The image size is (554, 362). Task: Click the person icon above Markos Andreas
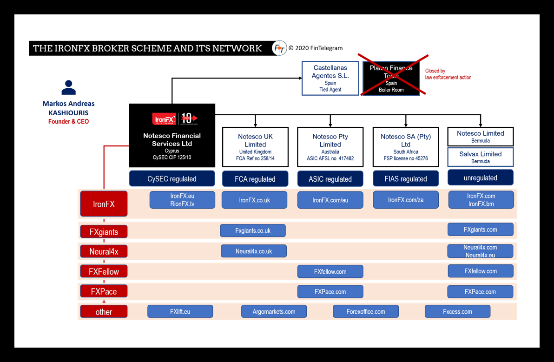68,87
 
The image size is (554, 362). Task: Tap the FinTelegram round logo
279,48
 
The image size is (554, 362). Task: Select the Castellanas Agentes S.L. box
330,78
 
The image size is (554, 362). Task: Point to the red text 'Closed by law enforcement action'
448,74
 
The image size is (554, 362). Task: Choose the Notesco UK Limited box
255,147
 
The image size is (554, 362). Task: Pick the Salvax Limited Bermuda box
480,157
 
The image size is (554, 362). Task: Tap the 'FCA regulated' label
255,179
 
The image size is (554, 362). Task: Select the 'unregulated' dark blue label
480,178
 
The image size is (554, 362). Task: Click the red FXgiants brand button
104,231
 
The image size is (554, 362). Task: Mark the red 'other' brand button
104,312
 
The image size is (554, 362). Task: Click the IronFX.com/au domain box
330,200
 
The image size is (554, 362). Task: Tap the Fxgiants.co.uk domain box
253,230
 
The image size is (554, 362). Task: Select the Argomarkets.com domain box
274,311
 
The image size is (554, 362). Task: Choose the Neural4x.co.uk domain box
254,251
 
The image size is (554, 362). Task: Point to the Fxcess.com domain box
457,311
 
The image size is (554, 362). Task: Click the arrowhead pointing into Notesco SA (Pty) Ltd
406,125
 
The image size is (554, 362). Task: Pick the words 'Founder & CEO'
68,122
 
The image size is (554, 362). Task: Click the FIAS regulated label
406,179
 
